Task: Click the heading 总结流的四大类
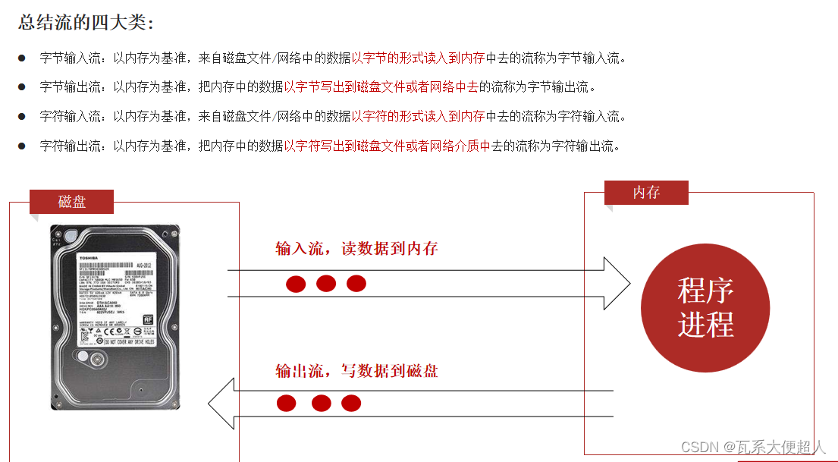coord(86,23)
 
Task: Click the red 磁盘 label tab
coord(71,202)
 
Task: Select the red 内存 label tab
coord(646,193)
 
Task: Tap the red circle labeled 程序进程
coord(705,307)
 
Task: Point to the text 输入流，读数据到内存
coord(356,249)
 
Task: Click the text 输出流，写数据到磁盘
coord(356,372)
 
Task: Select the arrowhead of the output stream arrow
coord(222,404)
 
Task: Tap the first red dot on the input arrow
coord(296,284)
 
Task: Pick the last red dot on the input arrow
coord(356,284)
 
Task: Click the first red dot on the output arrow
coord(286,404)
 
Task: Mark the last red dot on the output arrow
coord(350,404)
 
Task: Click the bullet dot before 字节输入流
coord(22,58)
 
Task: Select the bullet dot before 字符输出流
coord(22,146)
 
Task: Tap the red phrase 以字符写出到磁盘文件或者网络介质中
coord(387,146)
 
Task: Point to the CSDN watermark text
coord(752,447)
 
